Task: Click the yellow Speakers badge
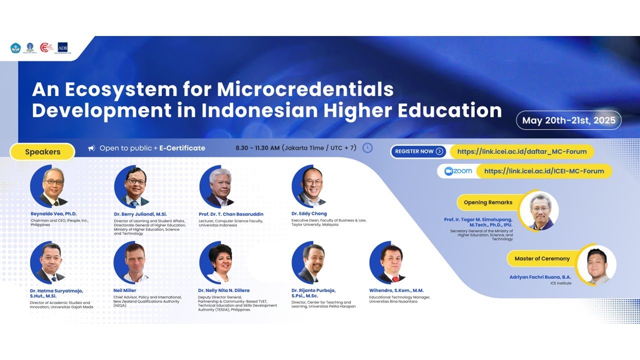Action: pyautogui.click(x=42, y=152)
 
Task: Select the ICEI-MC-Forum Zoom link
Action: pyautogui.click(x=544, y=171)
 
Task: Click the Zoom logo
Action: pyautogui.click(x=458, y=171)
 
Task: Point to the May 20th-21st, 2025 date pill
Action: pyautogui.click(x=568, y=120)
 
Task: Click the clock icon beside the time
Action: pyautogui.click(x=367, y=148)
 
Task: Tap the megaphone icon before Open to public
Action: pyautogui.click(x=91, y=148)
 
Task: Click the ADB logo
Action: pyautogui.click(x=62, y=47)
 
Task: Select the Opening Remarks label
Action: pyautogui.click(x=488, y=202)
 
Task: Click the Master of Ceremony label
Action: pyautogui.click(x=541, y=258)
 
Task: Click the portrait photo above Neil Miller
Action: pyautogui.click(x=134, y=262)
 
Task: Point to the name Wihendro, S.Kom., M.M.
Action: pyautogui.click(x=396, y=290)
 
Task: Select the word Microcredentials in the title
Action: pyautogui.click(x=305, y=89)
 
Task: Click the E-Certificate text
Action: pyautogui.click(x=182, y=148)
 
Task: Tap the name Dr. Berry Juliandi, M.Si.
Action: pyautogui.click(x=140, y=214)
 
